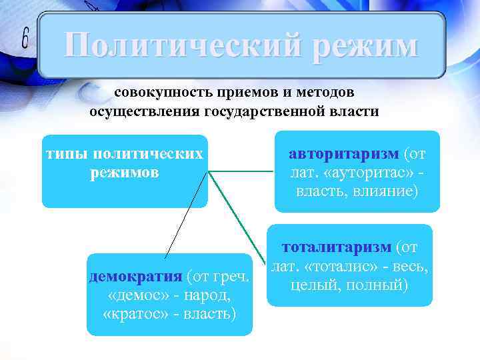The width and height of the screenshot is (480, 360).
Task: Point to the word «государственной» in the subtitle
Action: (259, 111)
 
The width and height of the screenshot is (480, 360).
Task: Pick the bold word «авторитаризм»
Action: (344, 154)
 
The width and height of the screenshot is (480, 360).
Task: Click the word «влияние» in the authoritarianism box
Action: (385, 191)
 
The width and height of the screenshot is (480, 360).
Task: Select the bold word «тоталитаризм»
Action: (337, 248)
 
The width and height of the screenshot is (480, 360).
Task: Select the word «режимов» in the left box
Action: (125, 173)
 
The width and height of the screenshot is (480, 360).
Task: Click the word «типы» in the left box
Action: (67, 154)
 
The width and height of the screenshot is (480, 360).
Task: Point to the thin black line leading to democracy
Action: (187, 213)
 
